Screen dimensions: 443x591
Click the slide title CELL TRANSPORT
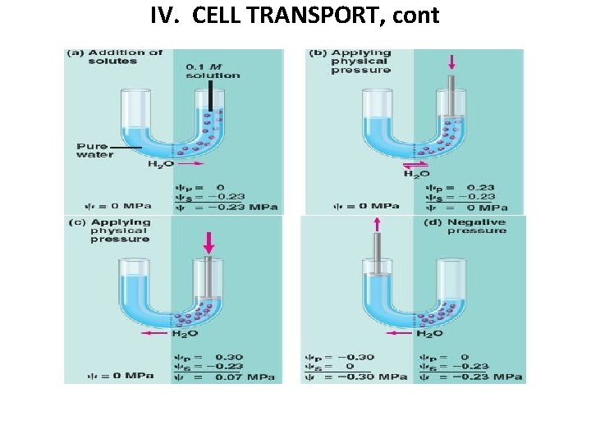295,16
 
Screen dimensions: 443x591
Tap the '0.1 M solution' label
213,71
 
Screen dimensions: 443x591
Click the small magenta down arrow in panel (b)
451,62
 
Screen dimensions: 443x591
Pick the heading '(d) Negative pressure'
476,226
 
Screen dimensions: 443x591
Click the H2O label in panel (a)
160,165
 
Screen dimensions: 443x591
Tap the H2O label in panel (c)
185,334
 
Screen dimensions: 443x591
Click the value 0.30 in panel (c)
229,357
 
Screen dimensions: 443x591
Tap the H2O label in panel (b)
415,174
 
